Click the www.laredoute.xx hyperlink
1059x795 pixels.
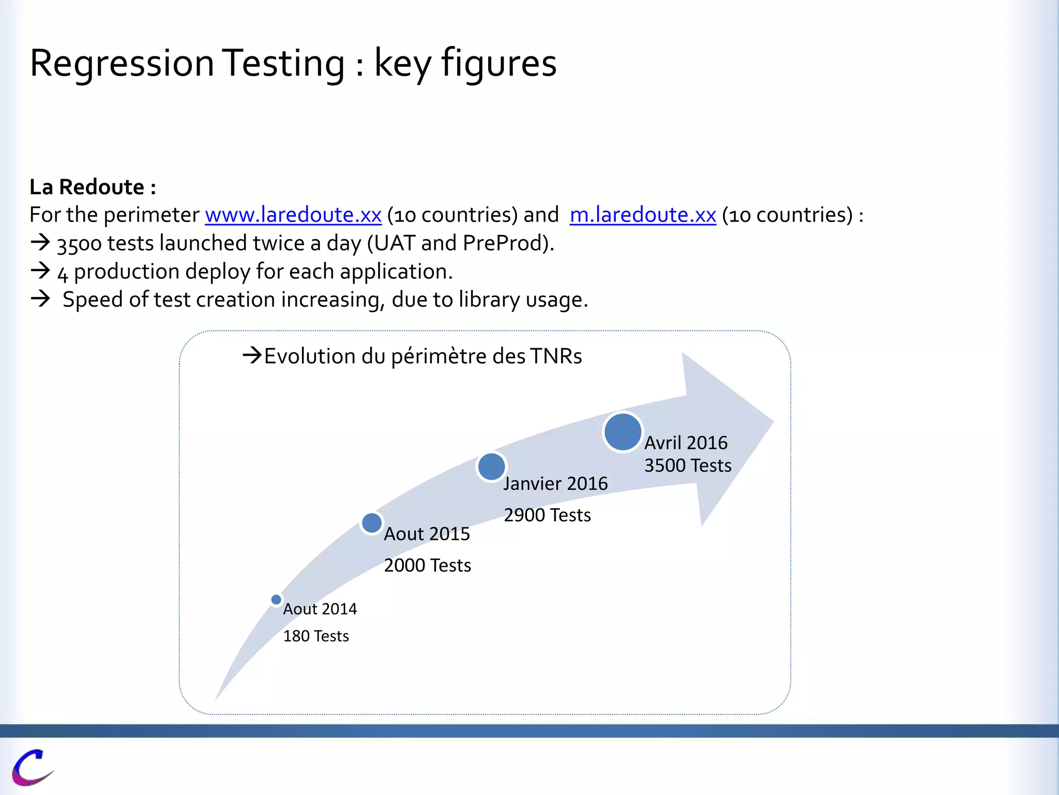293,215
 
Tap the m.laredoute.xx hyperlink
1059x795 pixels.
643,215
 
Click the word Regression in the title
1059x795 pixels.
122,63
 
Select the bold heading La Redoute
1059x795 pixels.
92,187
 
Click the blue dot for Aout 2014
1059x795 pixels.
276,599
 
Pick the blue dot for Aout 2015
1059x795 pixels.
372,523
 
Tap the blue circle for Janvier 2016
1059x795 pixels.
491,467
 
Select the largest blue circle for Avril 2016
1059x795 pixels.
623,432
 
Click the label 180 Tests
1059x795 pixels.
315,636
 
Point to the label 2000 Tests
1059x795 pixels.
427,565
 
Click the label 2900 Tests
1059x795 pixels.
547,515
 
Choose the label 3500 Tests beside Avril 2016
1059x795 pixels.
687,465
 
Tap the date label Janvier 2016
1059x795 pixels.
555,483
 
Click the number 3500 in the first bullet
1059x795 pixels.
79,244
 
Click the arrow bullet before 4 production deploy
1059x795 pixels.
40,271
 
